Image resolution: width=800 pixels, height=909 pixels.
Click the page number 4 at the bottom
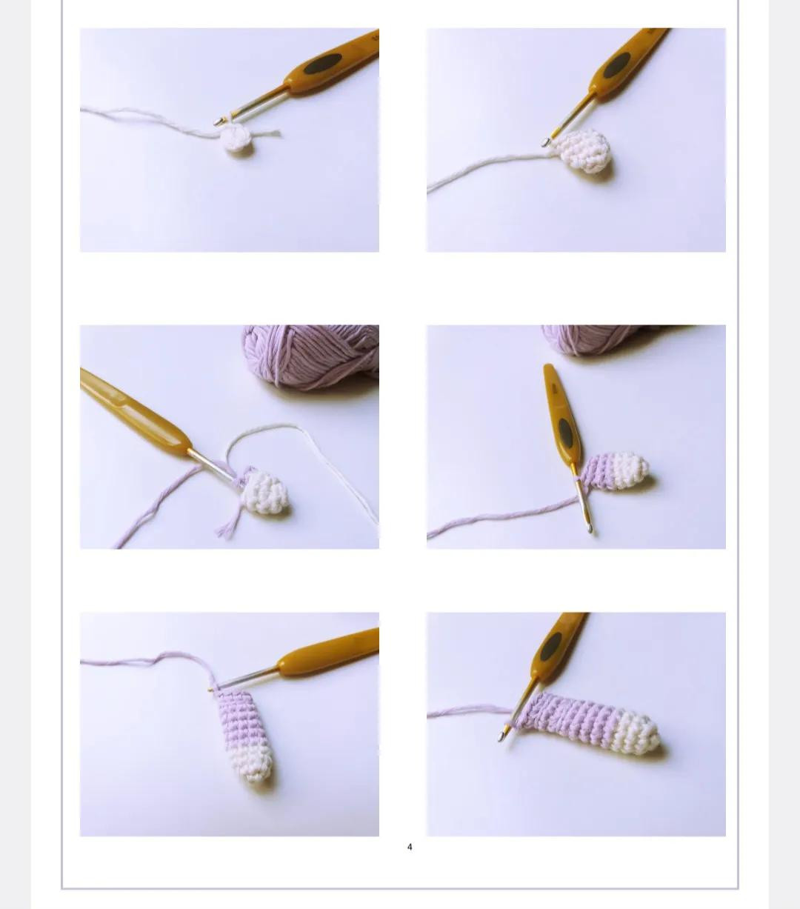[410, 847]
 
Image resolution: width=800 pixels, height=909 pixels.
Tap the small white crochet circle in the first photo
[238, 139]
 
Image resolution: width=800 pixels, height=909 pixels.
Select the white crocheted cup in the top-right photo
[586, 150]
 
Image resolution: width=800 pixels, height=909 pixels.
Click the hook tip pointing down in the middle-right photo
[590, 527]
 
